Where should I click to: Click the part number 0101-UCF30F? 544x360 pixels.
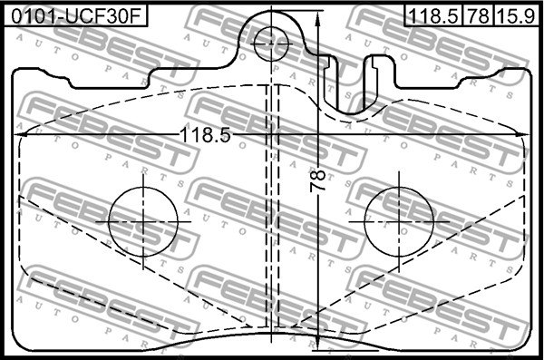(x=76, y=16)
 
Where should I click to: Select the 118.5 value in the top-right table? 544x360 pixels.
(x=433, y=16)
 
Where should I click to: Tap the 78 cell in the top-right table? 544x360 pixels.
(x=478, y=16)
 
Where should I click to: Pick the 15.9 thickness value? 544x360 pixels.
(x=516, y=16)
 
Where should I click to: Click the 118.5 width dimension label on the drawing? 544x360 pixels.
(x=205, y=135)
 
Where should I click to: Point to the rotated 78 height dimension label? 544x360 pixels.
(x=317, y=180)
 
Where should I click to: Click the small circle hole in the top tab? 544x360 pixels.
(x=271, y=44)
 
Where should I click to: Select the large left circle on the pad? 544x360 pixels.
(x=143, y=222)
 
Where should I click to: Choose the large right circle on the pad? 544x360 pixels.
(x=399, y=222)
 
